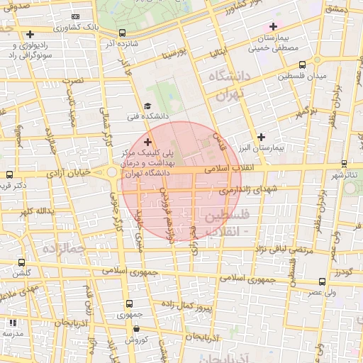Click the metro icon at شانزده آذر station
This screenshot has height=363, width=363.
[122, 33]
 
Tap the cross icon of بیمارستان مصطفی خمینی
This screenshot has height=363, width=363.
[272, 27]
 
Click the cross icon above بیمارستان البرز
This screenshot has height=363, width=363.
[262, 137]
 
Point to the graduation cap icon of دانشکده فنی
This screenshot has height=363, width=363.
[147, 106]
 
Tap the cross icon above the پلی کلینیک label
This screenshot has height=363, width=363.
[147, 143]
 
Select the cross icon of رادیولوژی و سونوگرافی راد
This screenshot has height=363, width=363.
[29, 34]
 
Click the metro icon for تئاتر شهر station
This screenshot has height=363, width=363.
[344, 164]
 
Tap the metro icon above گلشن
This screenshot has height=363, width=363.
[21, 262]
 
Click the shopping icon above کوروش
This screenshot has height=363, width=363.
[135, 328]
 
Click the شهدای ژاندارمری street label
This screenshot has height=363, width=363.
[245, 189]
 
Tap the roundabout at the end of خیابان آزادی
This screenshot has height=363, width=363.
[112, 172]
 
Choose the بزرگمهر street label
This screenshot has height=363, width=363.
[303, 111]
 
